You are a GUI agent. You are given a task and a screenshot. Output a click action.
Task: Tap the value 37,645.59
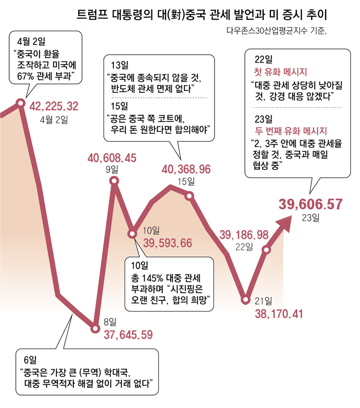[x=128, y=335]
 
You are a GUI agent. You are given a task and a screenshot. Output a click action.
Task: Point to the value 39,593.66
[x=168, y=243]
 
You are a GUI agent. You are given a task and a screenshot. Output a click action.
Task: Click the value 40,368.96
[x=186, y=169]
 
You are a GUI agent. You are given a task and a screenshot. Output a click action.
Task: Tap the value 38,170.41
[x=279, y=313]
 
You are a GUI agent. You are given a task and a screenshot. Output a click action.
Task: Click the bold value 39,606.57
[x=310, y=204]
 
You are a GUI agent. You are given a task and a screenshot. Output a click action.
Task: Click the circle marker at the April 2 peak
[x=21, y=103]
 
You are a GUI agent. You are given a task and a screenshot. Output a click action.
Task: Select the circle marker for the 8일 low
[x=95, y=328]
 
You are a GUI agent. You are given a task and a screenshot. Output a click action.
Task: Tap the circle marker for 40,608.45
[x=114, y=181]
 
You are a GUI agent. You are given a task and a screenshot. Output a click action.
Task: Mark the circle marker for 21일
[x=246, y=299]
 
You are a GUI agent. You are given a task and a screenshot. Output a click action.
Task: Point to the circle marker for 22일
[x=266, y=249]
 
